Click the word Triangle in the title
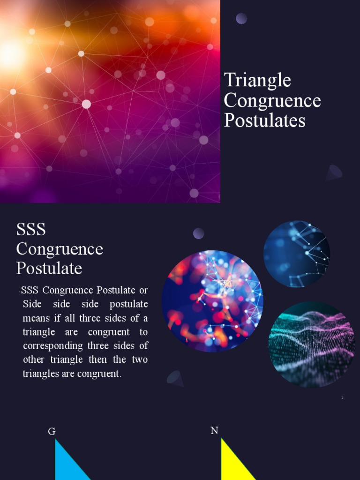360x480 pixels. click(257, 81)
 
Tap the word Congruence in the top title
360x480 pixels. click(272, 101)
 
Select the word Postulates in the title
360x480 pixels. click(265, 120)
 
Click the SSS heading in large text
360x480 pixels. click(31, 229)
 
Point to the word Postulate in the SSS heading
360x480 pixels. click(49, 269)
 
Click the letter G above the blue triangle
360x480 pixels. click(52, 431)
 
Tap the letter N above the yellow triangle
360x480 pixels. click(214, 430)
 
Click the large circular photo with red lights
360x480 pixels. click(212, 300)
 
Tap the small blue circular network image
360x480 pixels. click(296, 254)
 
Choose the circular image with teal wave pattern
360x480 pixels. click(311, 345)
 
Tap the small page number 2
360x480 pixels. click(343, 397)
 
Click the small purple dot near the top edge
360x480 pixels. click(241, 18)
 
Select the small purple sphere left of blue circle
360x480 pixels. click(199, 233)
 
